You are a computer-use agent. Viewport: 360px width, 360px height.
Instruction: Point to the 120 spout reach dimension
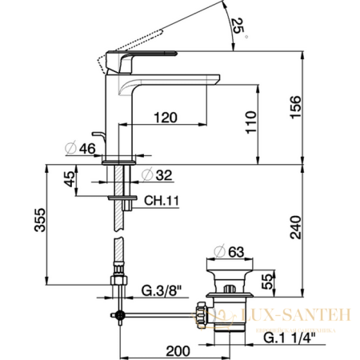(164, 118)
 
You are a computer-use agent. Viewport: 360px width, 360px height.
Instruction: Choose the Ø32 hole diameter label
(156, 174)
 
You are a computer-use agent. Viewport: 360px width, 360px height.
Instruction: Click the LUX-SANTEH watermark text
(307, 318)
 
